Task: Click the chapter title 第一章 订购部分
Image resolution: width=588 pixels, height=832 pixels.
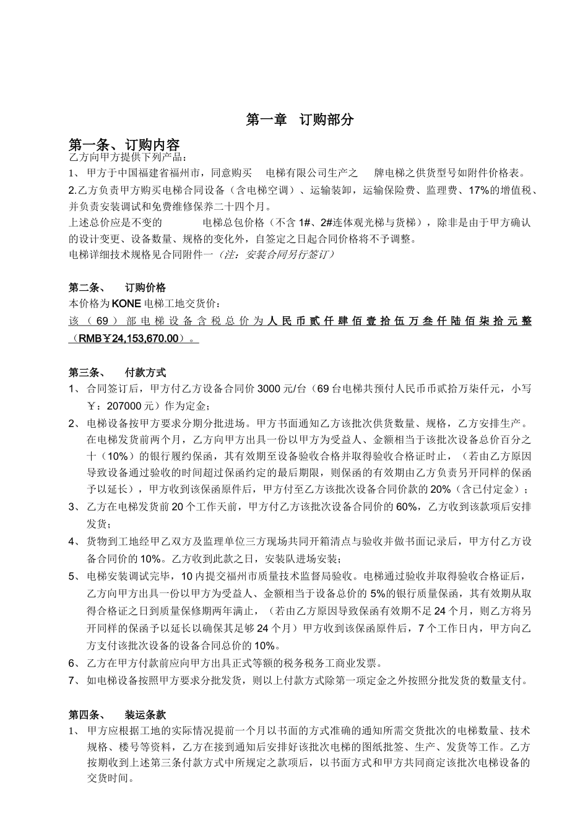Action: click(300, 119)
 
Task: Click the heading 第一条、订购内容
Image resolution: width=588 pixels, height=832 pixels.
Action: click(124, 145)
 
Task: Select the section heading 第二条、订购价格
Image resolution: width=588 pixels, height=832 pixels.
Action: click(117, 287)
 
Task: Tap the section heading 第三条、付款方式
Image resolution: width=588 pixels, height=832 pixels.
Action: click(117, 373)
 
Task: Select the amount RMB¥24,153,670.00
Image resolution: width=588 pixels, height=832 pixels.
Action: click(134, 338)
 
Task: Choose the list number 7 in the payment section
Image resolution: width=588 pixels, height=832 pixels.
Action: click(72, 681)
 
